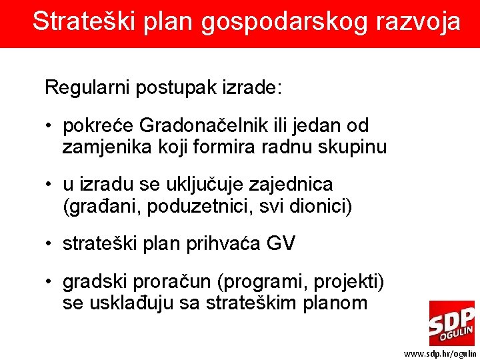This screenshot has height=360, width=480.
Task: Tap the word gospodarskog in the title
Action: tap(269, 23)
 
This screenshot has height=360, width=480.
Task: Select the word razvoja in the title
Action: tap(418, 23)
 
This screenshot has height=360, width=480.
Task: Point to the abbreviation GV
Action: tap(280, 244)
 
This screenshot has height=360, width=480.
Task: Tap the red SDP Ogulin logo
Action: tap(451, 323)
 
